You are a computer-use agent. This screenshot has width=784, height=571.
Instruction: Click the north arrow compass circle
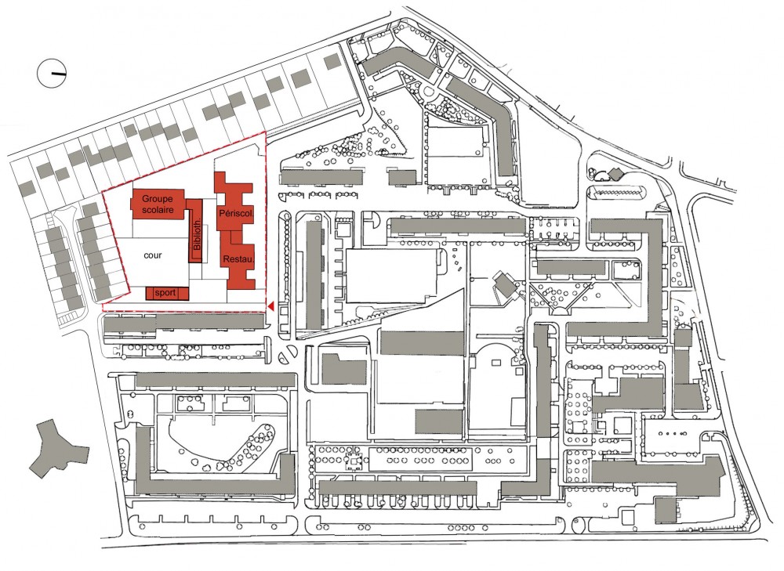click(52, 74)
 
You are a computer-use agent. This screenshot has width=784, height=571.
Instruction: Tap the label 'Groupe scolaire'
click(157, 204)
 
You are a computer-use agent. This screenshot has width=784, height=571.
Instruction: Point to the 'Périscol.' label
click(237, 213)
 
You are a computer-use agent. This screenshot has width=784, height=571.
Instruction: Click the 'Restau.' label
click(238, 259)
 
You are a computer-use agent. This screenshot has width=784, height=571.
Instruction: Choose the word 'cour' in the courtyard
click(153, 255)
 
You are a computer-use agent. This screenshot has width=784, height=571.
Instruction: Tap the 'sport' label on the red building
click(165, 293)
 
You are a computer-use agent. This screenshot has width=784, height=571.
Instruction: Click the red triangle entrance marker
click(271, 305)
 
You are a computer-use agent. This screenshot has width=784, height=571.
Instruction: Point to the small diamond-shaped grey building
click(615, 173)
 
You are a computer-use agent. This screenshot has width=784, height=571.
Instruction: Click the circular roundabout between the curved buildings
click(427, 92)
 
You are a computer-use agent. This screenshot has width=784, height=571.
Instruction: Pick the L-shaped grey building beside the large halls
click(343, 369)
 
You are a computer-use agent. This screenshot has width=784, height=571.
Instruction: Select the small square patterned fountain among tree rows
click(355, 463)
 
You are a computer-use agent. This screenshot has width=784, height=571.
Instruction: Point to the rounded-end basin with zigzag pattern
click(616, 193)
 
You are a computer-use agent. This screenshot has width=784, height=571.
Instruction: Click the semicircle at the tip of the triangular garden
click(560, 311)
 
